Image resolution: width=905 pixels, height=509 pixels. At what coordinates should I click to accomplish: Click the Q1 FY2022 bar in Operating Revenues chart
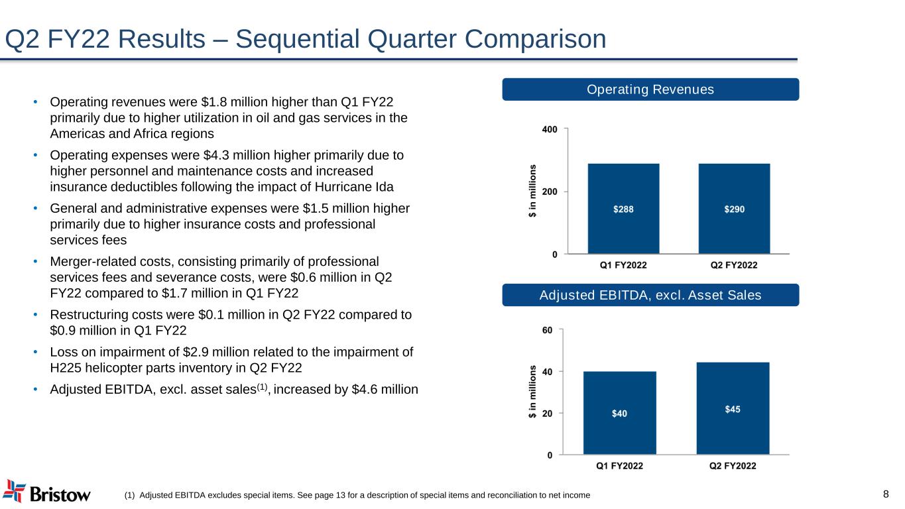click(x=623, y=208)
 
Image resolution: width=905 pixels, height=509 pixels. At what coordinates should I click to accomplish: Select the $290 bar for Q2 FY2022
click(x=734, y=208)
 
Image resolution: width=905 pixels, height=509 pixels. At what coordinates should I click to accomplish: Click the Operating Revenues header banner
click(x=650, y=89)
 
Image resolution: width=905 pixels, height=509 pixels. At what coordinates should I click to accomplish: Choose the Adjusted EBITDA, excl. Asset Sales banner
click(x=650, y=295)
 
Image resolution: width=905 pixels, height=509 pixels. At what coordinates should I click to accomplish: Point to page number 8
click(x=886, y=494)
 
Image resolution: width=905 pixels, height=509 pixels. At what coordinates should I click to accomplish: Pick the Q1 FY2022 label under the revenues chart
click(x=623, y=265)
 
